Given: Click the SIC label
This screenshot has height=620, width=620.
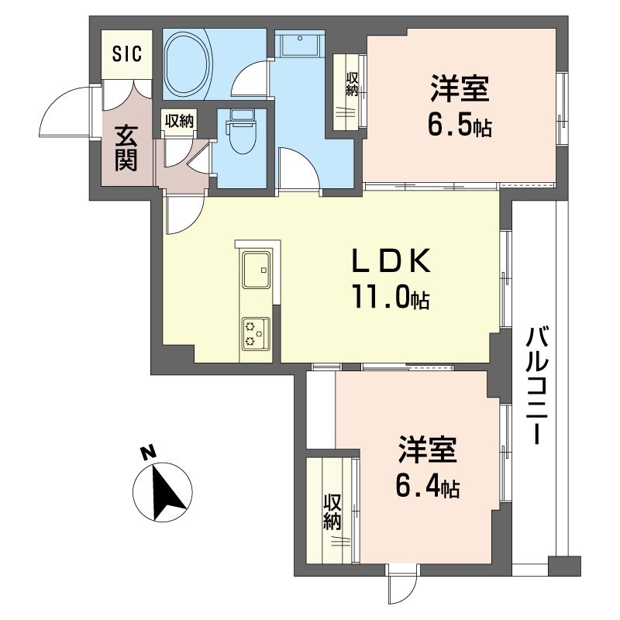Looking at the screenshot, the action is coord(127,53).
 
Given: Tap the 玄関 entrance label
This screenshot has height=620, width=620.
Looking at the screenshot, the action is coord(126,148).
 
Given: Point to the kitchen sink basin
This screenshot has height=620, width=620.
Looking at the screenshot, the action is coord(257,270).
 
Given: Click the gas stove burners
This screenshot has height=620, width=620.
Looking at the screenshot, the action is coord(256,333).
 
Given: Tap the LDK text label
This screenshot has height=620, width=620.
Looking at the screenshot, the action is coord(391,261).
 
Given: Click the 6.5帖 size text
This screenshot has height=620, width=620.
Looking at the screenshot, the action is coord(460,126).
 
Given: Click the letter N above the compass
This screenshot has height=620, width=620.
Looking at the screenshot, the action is coord(148,453).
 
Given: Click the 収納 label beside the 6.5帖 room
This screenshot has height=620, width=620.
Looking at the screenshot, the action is coord(352,84).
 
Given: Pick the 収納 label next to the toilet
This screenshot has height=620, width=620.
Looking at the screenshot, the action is coord(180,121).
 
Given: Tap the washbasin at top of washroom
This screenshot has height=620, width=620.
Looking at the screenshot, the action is coord(300,44).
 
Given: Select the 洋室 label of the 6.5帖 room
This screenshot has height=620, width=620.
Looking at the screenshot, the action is coord(460,88).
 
